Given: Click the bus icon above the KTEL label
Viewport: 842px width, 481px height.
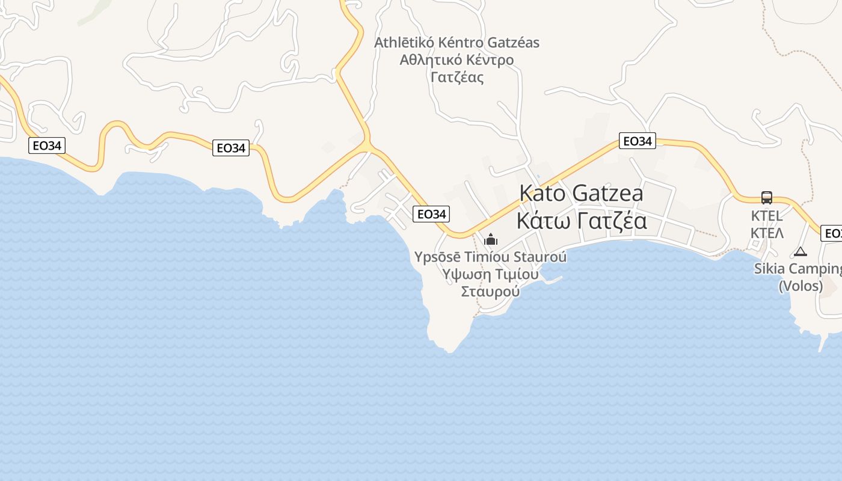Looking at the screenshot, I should point(767,197).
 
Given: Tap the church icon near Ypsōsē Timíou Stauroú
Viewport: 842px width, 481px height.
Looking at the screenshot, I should point(491,239).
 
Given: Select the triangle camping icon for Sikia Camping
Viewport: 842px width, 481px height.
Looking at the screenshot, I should point(800,252).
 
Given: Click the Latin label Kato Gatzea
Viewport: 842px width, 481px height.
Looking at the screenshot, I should point(581,193).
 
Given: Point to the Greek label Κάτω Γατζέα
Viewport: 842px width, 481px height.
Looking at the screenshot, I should point(582,221).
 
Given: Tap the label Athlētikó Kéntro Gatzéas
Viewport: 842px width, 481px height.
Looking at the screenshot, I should point(456,43).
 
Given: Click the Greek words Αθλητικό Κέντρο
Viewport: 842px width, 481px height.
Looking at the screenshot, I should point(456,60).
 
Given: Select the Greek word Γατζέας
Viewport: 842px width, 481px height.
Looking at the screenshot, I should point(457,78).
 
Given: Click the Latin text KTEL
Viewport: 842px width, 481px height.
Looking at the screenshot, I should point(767,216).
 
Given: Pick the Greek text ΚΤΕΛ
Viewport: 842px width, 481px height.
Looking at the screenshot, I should point(767,233).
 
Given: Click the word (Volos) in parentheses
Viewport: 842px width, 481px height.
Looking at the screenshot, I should point(801,286).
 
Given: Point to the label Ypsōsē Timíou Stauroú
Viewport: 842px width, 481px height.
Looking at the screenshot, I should point(490,257).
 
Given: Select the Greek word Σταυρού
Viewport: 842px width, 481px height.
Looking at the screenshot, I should point(490,292).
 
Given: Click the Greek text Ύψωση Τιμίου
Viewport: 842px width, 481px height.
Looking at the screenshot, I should point(490,274).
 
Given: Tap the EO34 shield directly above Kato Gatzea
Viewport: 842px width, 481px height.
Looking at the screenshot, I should point(637,141).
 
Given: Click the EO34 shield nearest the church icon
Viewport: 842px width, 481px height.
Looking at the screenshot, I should point(431,213).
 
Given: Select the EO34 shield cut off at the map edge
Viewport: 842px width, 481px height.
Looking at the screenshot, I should point(832,233).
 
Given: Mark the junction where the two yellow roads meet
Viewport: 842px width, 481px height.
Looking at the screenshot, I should point(366,144).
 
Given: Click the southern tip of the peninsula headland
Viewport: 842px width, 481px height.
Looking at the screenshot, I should point(448,351).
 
